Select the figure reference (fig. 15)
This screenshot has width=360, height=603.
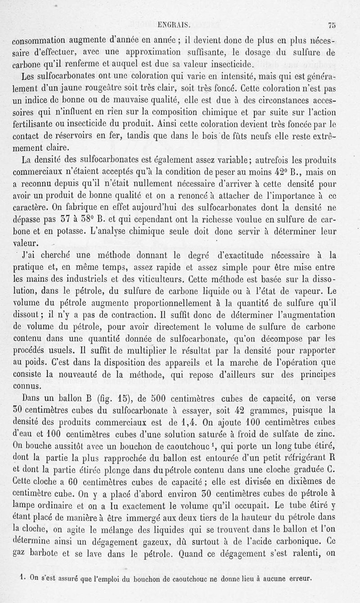108,398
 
